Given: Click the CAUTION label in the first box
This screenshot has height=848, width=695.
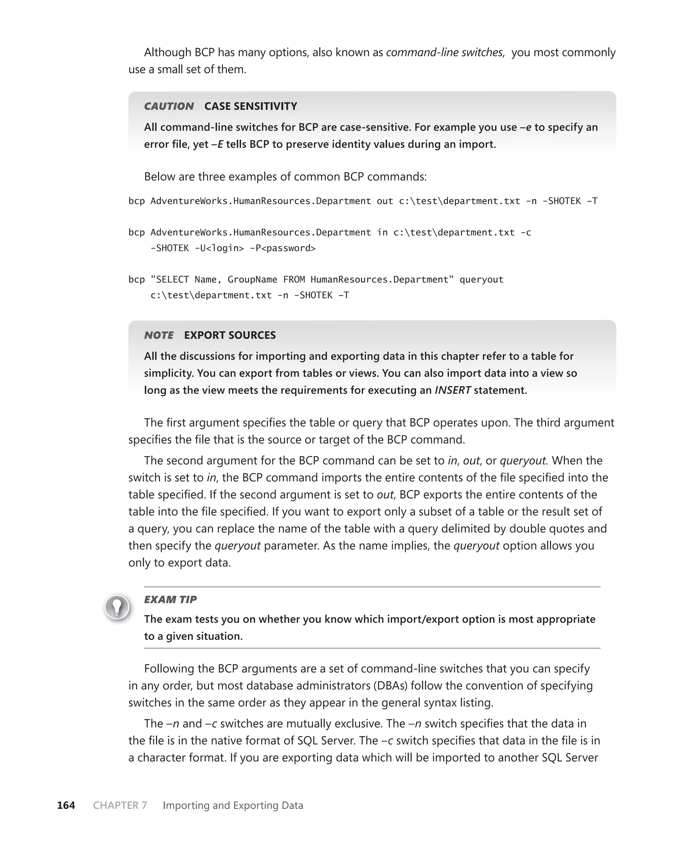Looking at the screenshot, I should click(169, 106).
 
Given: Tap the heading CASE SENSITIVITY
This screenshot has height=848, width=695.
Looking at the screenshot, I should click(251, 106).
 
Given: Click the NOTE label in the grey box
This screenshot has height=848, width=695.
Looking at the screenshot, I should click(158, 335).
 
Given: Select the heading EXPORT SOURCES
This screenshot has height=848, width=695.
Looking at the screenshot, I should click(230, 335).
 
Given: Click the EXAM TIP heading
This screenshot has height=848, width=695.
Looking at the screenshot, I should click(170, 600).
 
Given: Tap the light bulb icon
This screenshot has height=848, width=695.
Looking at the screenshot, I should click(117, 607).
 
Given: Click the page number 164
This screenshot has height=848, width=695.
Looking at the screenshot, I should click(66, 805).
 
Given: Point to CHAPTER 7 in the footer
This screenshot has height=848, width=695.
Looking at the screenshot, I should click(120, 805).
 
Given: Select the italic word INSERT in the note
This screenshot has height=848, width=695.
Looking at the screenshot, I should click(452, 390).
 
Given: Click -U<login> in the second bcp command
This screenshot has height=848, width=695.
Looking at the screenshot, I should click(219, 248).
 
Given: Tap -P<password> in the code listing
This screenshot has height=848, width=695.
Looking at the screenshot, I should click(283, 248).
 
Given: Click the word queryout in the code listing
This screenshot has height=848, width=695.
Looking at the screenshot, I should click(481, 279).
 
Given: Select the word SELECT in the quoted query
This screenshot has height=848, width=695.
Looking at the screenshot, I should click(172, 279).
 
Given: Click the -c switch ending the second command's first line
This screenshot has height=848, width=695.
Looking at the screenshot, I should click(526, 233).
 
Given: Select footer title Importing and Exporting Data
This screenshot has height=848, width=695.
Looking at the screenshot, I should click(233, 805).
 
